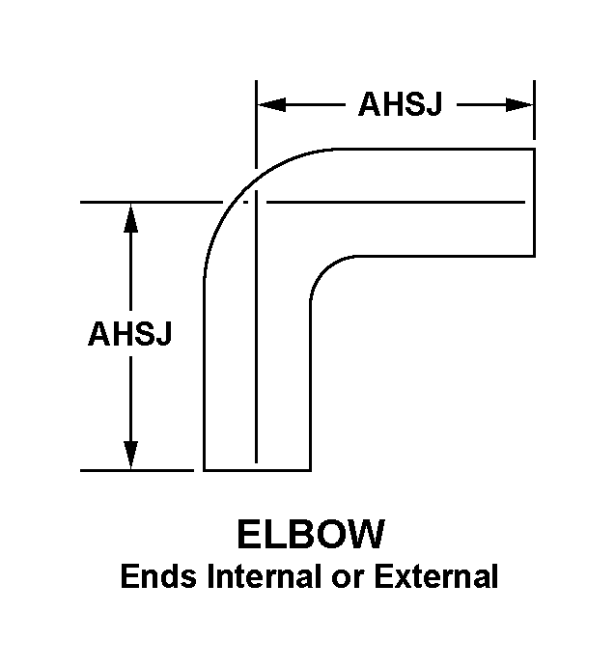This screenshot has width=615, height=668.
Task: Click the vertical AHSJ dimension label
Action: [130, 335]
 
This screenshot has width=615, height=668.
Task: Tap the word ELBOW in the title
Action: [311, 536]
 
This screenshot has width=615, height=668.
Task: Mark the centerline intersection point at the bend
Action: [256, 203]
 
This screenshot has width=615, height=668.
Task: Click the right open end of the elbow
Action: [536, 203]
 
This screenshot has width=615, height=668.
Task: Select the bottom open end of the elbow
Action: [257, 470]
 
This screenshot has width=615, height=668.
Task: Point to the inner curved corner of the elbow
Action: [322, 269]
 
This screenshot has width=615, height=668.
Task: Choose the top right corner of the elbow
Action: [536, 150]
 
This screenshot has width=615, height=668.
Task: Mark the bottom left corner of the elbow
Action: [205, 470]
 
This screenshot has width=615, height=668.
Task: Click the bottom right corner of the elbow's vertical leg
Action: [310, 470]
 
